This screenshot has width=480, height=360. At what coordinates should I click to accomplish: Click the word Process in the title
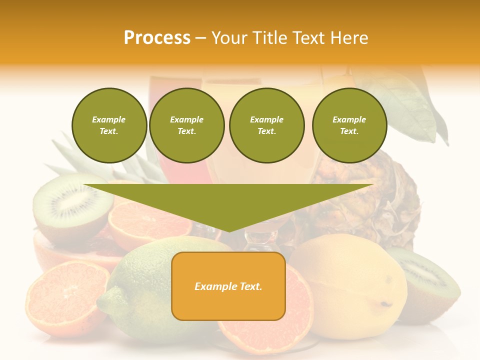click(157, 38)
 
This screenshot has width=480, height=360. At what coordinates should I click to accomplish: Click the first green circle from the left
click(109, 125)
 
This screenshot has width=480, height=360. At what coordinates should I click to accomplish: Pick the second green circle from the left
click(186, 125)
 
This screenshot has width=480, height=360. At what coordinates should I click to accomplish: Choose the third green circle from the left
click(266, 125)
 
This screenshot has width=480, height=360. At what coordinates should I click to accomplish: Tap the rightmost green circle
click(349, 125)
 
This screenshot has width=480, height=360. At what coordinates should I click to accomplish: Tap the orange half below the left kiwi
click(150, 222)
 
